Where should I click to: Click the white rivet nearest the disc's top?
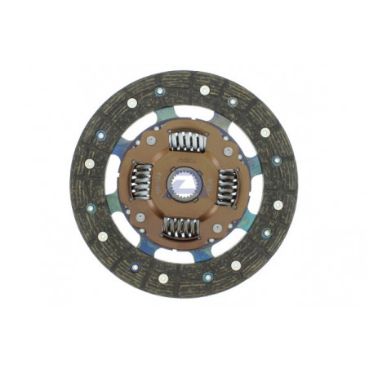coord(205,90)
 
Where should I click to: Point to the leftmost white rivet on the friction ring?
coord(90,163)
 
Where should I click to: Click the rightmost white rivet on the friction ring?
coord(278,205)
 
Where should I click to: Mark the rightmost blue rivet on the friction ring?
coord(277,161)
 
